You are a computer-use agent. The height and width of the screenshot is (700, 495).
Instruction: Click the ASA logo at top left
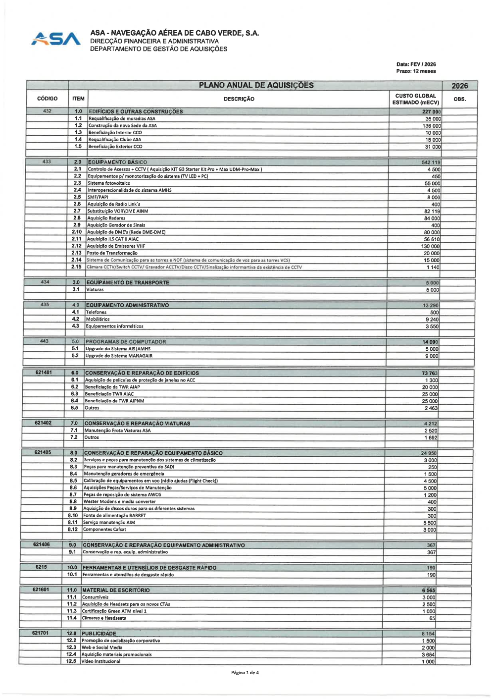55,39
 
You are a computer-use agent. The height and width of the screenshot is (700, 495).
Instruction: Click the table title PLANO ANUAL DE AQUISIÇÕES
256,85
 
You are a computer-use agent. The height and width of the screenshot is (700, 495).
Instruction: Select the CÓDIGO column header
48,99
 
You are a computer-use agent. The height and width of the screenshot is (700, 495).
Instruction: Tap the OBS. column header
459,99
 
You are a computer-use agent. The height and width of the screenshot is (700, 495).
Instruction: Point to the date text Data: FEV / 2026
416,64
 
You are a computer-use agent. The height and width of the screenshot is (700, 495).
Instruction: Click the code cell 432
47,111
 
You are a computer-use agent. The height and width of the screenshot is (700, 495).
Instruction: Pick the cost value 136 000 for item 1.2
432,126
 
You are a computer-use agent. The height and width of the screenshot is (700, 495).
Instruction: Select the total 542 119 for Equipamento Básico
431,162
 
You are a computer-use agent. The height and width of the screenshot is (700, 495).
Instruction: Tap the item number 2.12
76,246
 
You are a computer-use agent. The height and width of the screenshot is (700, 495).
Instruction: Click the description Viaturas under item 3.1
95,289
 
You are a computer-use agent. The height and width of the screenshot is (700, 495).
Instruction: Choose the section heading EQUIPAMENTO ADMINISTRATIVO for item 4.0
127,305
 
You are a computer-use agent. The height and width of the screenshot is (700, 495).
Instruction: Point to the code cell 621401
44,372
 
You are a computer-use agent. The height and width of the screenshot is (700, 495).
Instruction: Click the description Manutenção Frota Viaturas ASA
117,431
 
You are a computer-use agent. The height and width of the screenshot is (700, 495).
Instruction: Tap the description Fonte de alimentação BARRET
114,515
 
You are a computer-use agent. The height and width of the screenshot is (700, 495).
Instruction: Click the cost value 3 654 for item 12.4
428,654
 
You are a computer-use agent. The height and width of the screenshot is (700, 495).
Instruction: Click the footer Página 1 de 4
245,672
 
